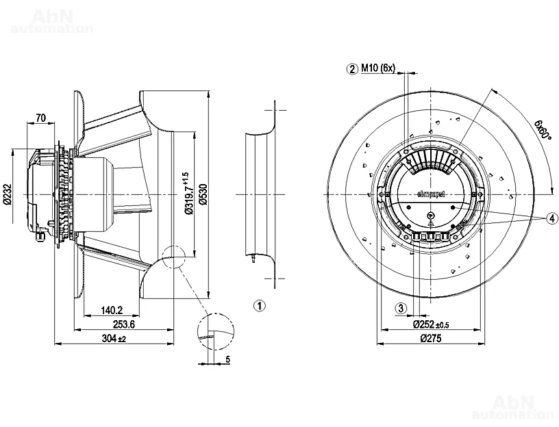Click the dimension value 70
(40, 118)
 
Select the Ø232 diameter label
(7, 194)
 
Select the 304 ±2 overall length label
(114, 339)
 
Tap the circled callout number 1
(258, 305)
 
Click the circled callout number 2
(352, 68)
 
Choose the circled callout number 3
(402, 308)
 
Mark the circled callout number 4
(551, 218)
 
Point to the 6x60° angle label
(544, 127)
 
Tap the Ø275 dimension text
(431, 339)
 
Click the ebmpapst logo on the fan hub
(431, 194)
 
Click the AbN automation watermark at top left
(51, 20)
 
